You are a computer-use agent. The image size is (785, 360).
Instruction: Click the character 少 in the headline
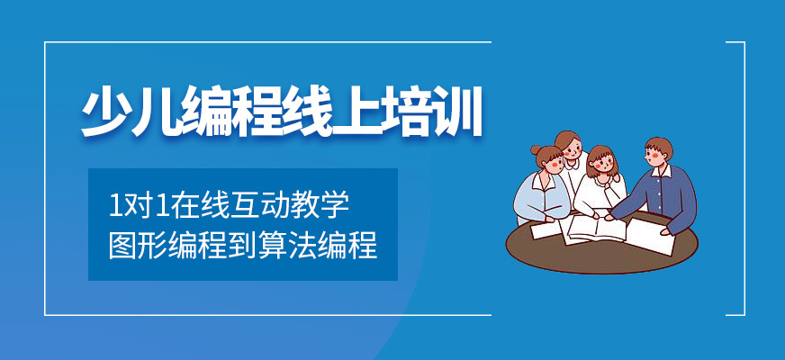click(x=107, y=112)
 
